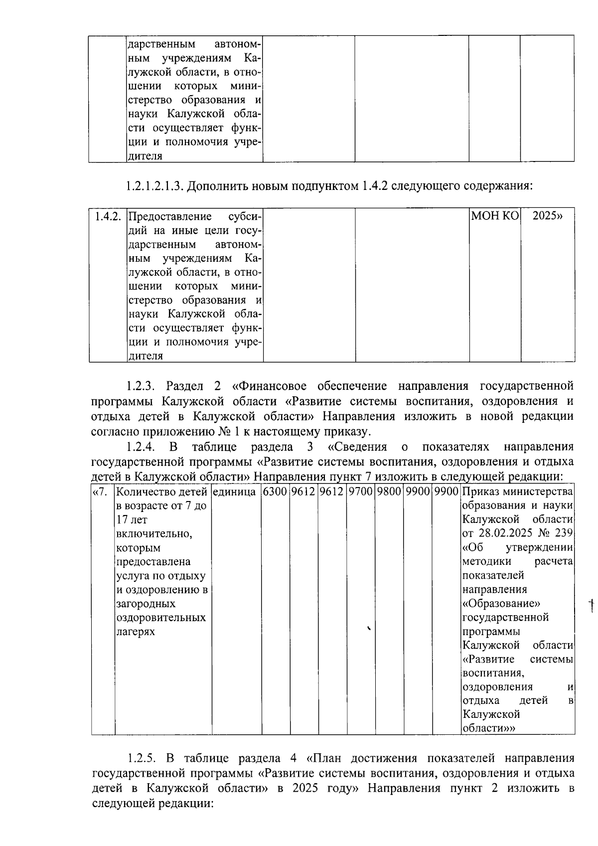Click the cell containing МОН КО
(495, 216)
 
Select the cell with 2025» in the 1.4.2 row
(547, 216)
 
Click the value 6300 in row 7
(275, 492)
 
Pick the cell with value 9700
(360, 492)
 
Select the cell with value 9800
(389, 492)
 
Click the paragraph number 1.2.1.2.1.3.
(155, 186)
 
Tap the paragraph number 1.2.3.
(142, 386)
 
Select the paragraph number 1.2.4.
(142, 446)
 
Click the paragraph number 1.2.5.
(142, 758)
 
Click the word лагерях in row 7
(135, 632)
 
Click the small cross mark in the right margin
(592, 605)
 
